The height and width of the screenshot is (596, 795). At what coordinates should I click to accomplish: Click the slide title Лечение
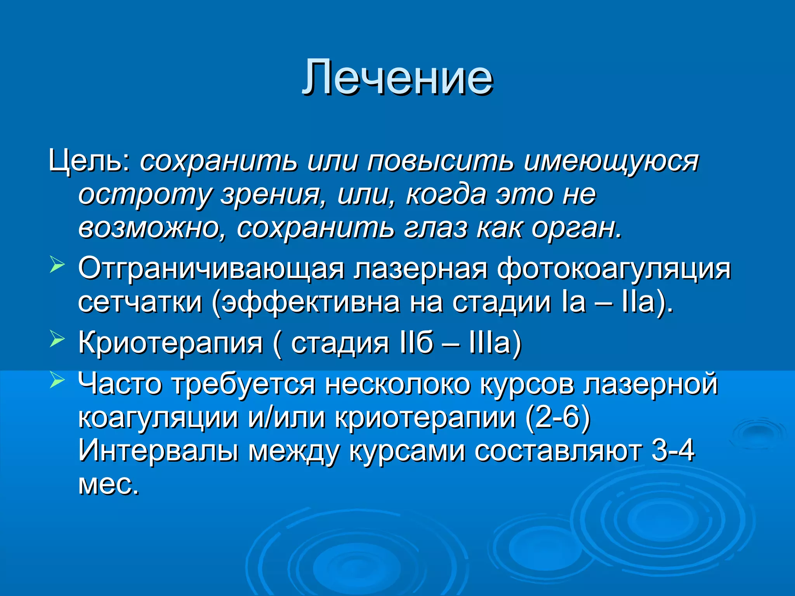coord(397,78)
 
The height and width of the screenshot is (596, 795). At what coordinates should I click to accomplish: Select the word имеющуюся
coord(611,161)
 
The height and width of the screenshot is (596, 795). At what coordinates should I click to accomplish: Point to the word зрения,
coord(274,195)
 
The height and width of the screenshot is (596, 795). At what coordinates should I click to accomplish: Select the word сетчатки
coord(140,302)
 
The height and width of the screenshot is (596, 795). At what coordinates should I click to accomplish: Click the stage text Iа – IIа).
coord(617,302)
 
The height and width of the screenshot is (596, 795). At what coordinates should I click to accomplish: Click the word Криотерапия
coord(171,343)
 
